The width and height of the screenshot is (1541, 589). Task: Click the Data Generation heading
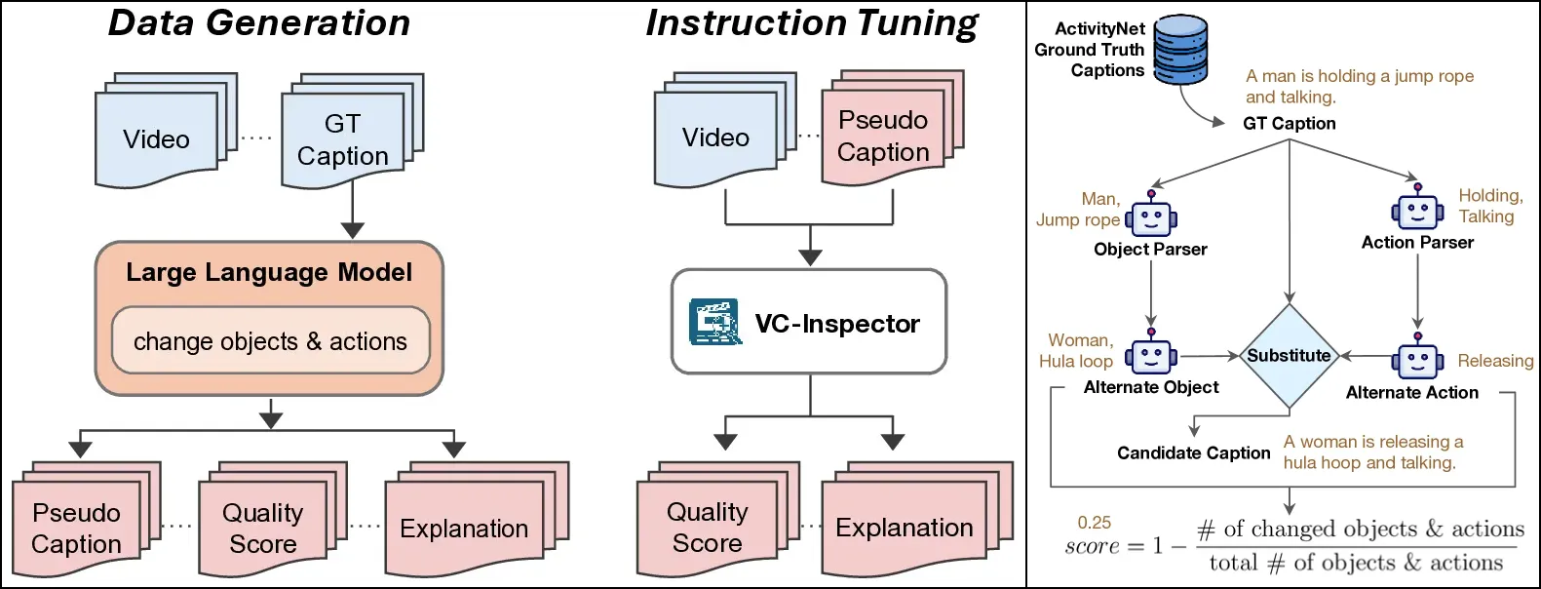[259, 23]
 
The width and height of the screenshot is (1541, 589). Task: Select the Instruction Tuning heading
[812, 23]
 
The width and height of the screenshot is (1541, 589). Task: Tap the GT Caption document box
[343, 139]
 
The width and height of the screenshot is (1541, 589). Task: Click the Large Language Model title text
[269, 272]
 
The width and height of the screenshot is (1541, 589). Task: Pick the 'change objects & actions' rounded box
[270, 340]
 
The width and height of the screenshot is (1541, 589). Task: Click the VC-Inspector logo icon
[714, 323]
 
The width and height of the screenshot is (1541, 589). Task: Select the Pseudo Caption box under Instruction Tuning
[883, 137]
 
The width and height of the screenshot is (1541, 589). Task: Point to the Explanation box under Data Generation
[464, 528]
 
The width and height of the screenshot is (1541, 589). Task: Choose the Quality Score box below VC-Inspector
[708, 528]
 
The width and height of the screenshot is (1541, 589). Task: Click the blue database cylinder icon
[1180, 50]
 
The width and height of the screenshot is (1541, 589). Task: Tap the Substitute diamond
[1290, 356]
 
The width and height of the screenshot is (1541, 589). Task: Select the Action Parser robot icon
[1417, 210]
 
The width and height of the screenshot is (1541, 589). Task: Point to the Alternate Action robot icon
[1417, 360]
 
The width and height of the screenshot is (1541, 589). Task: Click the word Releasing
[1495, 361]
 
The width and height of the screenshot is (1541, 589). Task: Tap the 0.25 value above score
[1095, 523]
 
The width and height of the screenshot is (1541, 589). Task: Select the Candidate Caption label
[1194, 452]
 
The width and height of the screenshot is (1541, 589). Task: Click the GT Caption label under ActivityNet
[1290, 123]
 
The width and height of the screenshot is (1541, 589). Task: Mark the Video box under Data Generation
[156, 139]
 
